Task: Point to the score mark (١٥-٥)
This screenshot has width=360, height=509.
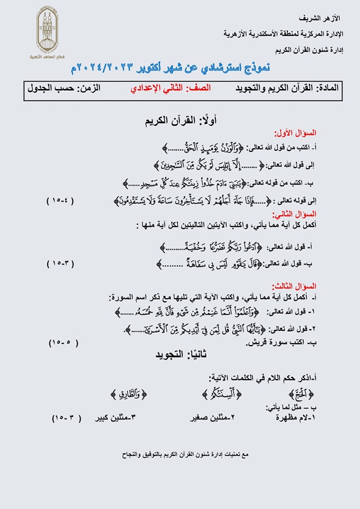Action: (63, 342)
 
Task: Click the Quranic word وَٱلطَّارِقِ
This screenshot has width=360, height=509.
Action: (129, 393)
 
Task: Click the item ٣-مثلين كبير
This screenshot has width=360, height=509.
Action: (116, 418)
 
